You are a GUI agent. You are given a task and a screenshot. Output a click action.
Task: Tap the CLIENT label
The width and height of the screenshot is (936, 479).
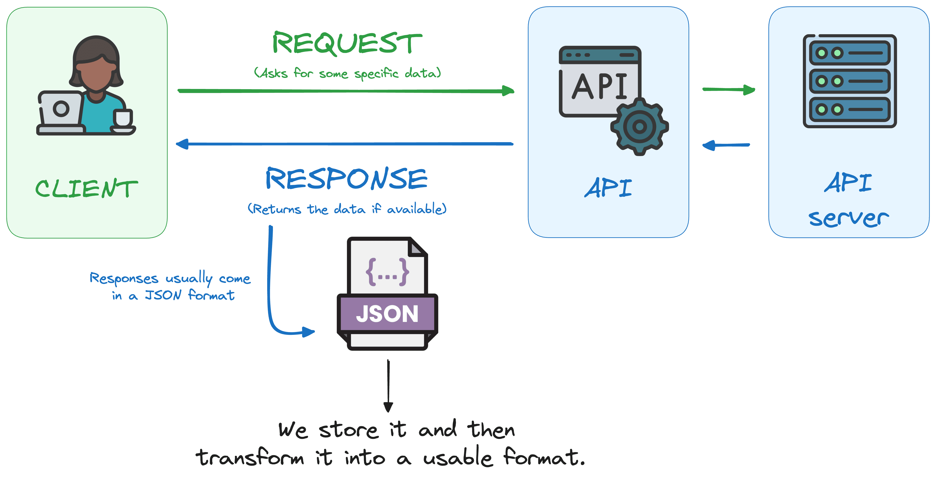(87, 189)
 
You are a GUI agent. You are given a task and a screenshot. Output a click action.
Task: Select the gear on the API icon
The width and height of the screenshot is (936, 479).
(639, 126)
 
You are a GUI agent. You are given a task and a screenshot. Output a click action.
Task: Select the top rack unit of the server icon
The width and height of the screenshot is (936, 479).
(849, 53)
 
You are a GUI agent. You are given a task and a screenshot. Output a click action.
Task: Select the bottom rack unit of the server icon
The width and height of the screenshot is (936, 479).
(849, 109)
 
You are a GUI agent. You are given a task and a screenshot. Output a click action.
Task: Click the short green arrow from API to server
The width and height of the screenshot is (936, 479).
(728, 90)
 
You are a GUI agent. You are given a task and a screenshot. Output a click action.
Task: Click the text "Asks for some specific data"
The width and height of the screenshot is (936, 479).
(347, 73)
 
